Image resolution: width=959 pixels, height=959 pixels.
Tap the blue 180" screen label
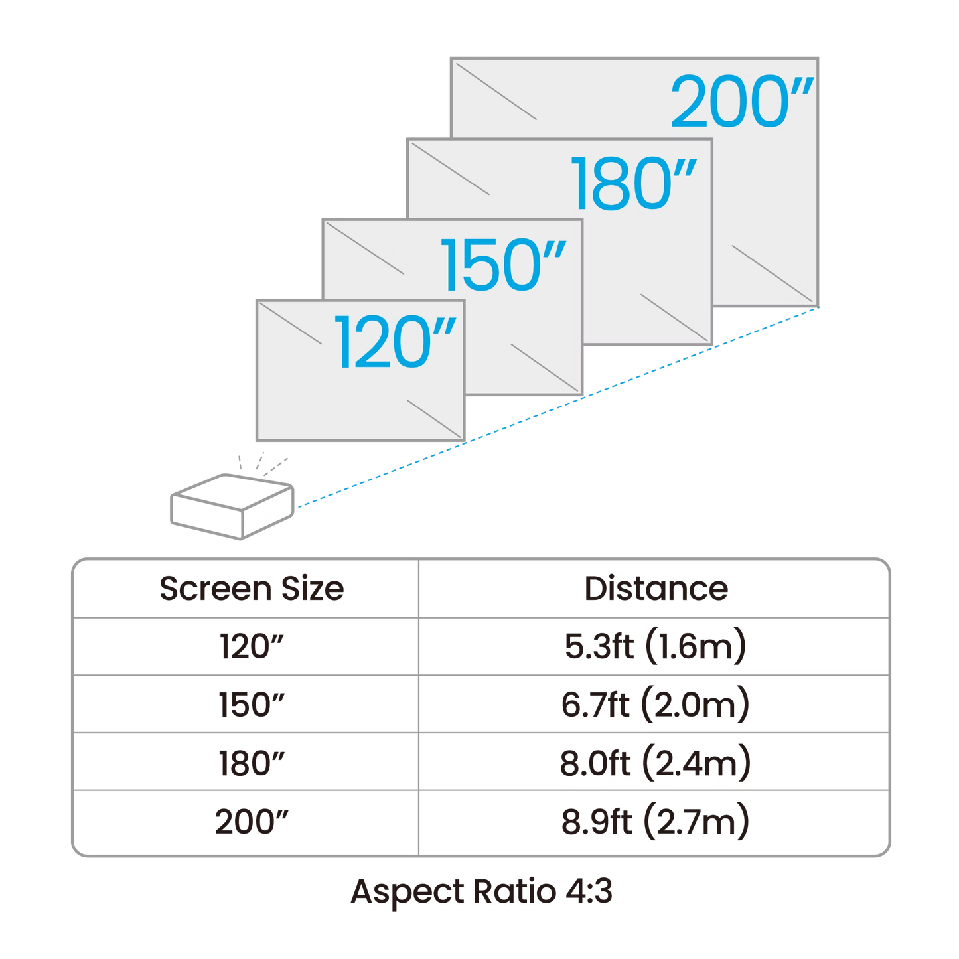coord(634,183)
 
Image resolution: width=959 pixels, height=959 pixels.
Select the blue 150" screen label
coord(504,265)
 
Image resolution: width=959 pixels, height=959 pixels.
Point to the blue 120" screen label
coord(396,342)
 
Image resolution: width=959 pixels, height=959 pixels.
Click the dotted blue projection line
coord(557,408)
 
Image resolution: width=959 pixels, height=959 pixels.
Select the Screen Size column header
coord(250,589)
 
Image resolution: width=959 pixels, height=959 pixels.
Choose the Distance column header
coord(655,589)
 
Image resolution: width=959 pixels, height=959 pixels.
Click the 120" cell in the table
coord(250,646)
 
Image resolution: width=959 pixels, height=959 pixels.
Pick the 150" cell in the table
coord(250,704)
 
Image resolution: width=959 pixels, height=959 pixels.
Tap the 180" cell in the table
coord(250,763)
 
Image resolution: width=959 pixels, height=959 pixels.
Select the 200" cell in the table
coord(252,822)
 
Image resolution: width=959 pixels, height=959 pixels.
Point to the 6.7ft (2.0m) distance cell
coord(655,704)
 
